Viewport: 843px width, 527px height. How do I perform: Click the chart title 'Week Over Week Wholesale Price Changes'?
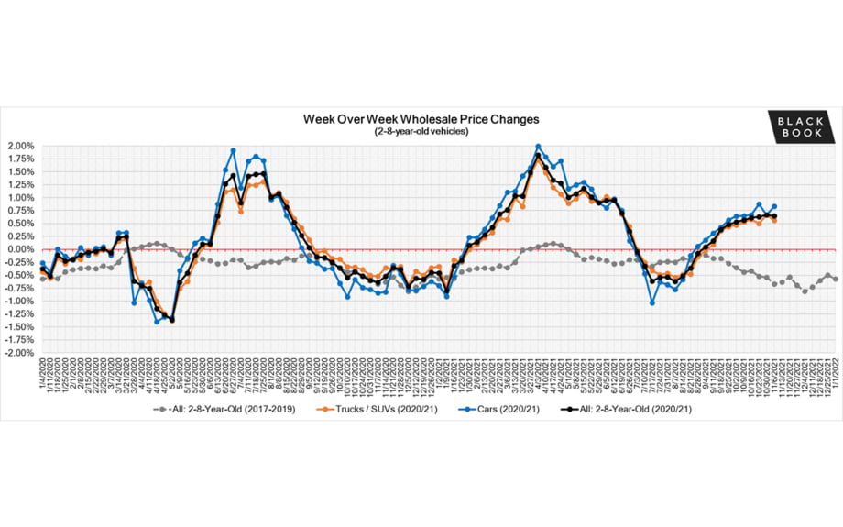click(421, 119)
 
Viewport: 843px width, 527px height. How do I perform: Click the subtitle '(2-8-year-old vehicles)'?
click(421, 132)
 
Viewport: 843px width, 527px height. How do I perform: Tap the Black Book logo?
click(802, 126)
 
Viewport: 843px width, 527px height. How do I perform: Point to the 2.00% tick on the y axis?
click(20, 146)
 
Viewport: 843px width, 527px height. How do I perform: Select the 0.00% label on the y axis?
click(20, 249)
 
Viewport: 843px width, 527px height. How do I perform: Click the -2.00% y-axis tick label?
click(19, 353)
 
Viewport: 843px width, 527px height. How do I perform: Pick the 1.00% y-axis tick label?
click(20, 197)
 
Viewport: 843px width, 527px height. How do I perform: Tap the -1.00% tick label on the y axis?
click(19, 301)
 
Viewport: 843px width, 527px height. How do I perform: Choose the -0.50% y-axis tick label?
click(19, 275)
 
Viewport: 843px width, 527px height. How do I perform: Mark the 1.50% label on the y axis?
click(20, 171)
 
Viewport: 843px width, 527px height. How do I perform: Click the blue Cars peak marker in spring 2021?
click(538, 146)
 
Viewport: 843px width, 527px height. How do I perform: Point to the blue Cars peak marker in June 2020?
click(233, 150)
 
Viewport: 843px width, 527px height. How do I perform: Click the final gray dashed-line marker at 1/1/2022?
click(835, 279)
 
